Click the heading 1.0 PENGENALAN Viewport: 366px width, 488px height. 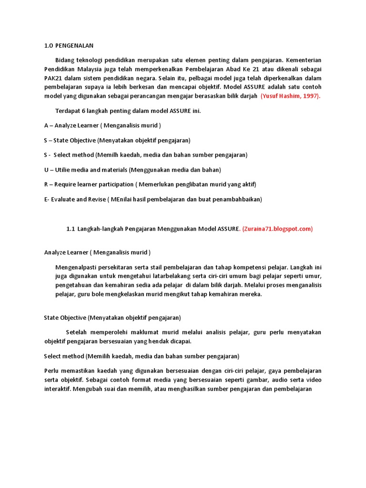69,46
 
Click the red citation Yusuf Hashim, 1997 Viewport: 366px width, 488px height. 291,96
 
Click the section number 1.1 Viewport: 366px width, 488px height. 71,229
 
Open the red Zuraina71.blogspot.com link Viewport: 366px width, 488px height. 277,229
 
